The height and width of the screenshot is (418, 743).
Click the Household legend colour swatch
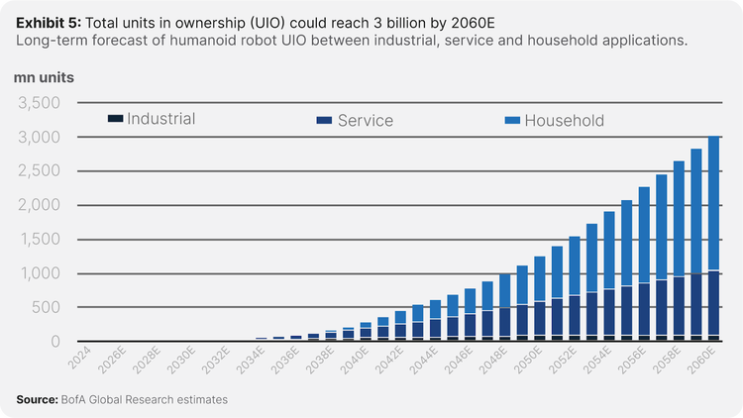(x=511, y=120)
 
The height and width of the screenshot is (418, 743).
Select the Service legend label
(x=365, y=121)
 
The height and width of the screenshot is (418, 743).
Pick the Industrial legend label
(x=160, y=119)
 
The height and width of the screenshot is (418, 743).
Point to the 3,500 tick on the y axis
(x=40, y=102)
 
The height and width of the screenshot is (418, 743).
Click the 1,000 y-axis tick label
(x=40, y=273)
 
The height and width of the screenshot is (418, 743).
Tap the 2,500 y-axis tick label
(x=40, y=170)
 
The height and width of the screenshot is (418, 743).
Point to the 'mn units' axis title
(x=44, y=76)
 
